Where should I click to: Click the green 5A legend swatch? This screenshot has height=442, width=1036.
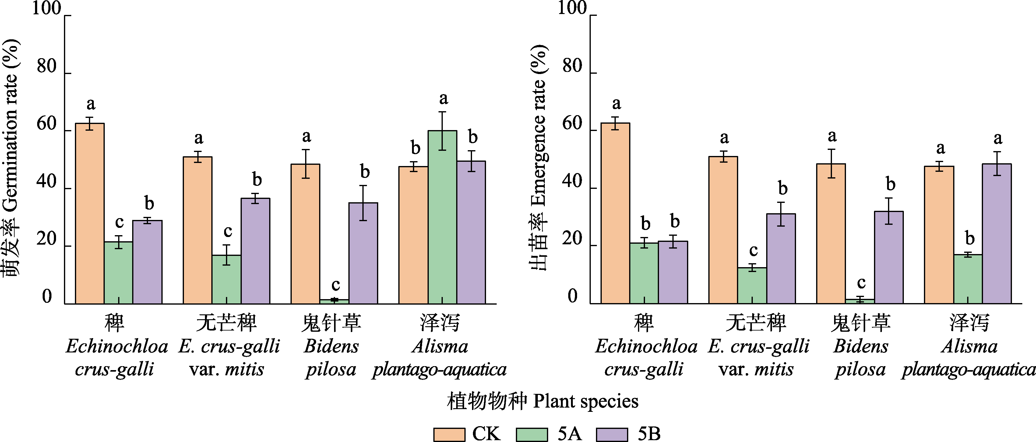532,434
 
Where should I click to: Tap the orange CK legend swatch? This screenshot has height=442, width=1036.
449,434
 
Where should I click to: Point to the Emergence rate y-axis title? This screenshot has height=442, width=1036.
539,157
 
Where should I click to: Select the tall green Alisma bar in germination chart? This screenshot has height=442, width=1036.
442,217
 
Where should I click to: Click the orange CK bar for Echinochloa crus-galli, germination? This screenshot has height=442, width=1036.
90,213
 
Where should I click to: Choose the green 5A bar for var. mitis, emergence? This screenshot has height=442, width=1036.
752,285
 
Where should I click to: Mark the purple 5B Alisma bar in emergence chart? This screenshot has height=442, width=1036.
997,233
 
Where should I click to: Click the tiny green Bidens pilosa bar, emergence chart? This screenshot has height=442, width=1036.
860,301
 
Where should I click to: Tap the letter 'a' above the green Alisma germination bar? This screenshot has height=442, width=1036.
443,98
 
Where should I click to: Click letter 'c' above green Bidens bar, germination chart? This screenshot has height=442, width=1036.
335,285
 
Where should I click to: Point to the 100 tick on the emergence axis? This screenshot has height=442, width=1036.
572,8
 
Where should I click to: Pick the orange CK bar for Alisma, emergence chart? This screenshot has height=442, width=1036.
939,235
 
